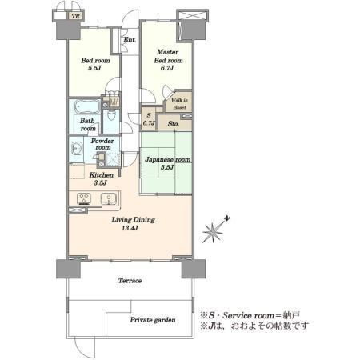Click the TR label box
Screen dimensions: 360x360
pyautogui.click(x=75, y=16)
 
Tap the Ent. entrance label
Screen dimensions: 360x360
pyautogui.click(x=130, y=40)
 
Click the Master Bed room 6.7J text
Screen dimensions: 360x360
pyautogui.click(x=168, y=60)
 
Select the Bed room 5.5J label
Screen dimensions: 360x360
pyautogui.click(x=95, y=64)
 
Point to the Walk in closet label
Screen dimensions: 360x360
pyautogui.click(x=179, y=104)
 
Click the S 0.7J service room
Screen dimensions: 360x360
pyautogui.click(x=149, y=119)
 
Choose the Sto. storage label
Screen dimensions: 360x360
pyautogui.click(x=174, y=124)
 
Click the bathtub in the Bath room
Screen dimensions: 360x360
pyautogui.click(x=86, y=107)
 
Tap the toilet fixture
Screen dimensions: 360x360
pyautogui.click(x=111, y=115)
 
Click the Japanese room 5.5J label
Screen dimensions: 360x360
pyautogui.click(x=167, y=163)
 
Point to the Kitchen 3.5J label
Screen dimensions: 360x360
pyautogui.click(x=101, y=178)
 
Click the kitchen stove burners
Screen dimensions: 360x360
pyautogui.click(x=84, y=198)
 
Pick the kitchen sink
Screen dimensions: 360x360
pyautogui.click(x=109, y=199)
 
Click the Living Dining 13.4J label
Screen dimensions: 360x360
pyautogui.click(x=133, y=224)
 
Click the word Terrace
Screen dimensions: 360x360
pyautogui.click(x=130, y=281)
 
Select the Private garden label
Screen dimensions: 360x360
pyautogui.click(x=153, y=320)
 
